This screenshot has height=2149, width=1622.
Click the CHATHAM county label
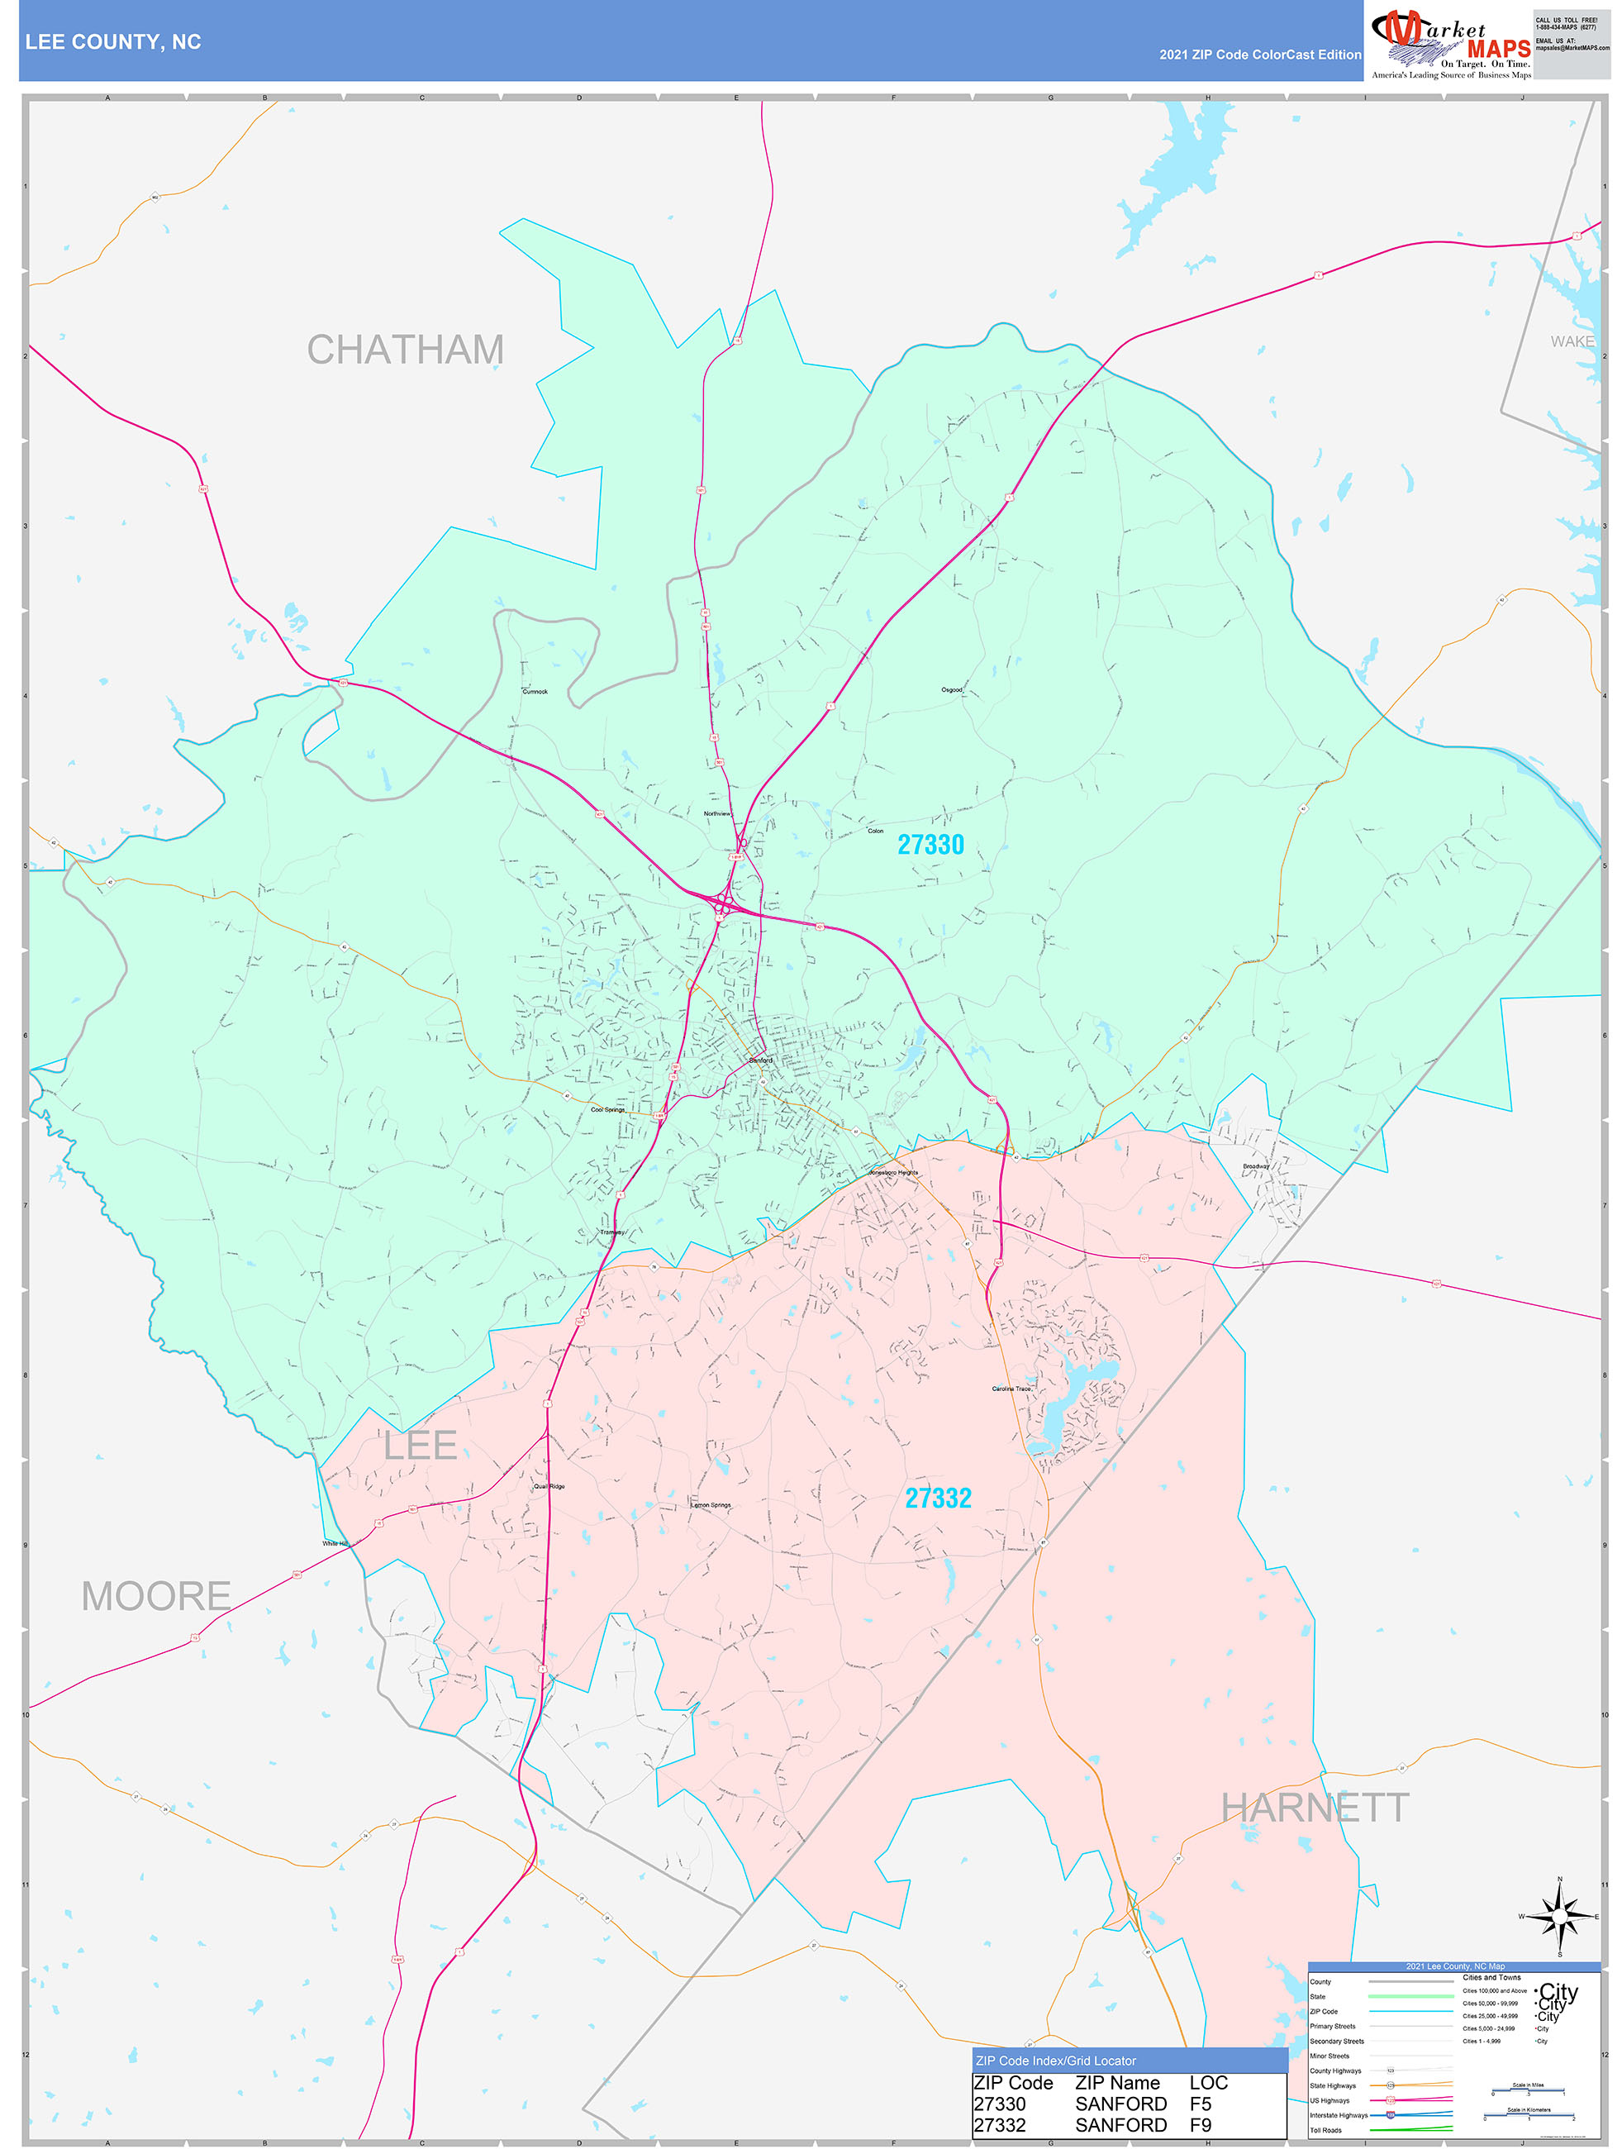[405, 350]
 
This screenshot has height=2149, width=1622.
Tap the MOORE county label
[155, 1596]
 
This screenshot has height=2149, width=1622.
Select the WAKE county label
[1572, 342]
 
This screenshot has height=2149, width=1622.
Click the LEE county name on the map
[420, 1446]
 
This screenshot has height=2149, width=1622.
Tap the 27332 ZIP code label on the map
[937, 1498]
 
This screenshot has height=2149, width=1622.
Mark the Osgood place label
[952, 690]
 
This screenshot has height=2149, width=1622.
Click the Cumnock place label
[535, 692]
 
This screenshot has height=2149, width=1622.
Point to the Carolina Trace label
[1011, 1389]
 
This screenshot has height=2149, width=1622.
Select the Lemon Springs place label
[711, 1505]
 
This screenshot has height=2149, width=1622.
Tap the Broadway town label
[1256, 1165]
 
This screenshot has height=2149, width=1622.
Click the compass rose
[1560, 1917]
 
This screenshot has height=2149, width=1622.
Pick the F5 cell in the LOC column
[1201, 2104]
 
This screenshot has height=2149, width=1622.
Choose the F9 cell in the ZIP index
[1201, 2125]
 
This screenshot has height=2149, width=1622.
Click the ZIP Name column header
[1117, 2083]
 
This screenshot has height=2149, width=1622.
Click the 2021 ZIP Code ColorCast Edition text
[1260, 55]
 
